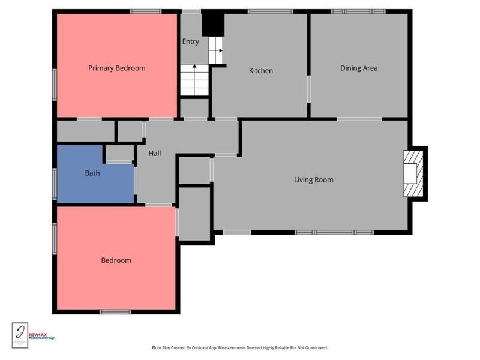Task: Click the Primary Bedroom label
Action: [x=116, y=68]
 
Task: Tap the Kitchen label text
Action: [x=260, y=71]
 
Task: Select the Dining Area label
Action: [x=359, y=68]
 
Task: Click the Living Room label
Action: [x=313, y=180]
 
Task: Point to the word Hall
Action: [x=155, y=154]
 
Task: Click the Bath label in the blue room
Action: [x=92, y=173]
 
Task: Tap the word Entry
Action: [x=191, y=42]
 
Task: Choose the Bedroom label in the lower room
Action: [x=116, y=260]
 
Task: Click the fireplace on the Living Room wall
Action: [x=414, y=173]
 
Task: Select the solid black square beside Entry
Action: [x=212, y=24]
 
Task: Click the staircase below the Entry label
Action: [x=194, y=80]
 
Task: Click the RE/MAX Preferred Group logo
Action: [x=42, y=336]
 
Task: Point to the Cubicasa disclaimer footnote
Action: [x=239, y=348]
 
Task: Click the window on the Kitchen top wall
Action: [x=270, y=11]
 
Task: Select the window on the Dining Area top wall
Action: [x=358, y=11]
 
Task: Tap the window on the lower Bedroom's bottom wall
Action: [x=115, y=312]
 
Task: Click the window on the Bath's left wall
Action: [x=55, y=184]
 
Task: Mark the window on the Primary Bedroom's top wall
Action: [x=146, y=11]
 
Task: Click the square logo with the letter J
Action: [x=20, y=335]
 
